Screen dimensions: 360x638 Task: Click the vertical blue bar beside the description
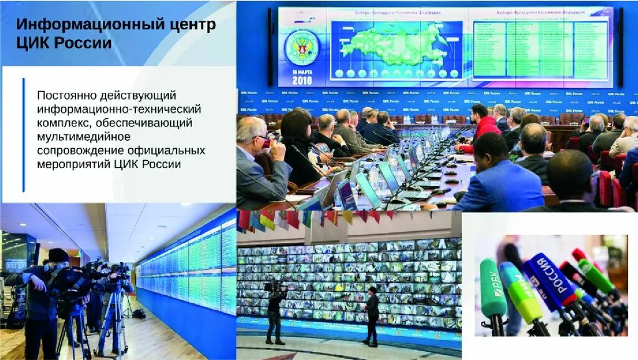(x=24, y=135)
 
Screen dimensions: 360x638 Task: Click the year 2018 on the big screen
(x=302, y=80)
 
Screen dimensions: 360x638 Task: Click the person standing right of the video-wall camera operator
(x=372, y=315)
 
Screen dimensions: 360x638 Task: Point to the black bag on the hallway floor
(x=139, y=313)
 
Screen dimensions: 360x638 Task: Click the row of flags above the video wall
(x=312, y=217)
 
